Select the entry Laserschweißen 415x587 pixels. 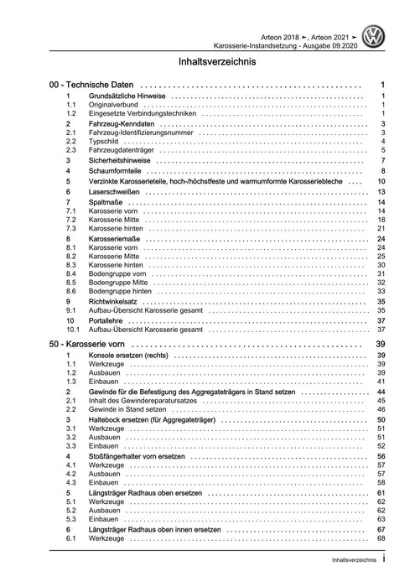tap(115, 192)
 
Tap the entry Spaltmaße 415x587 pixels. tap(106, 203)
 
